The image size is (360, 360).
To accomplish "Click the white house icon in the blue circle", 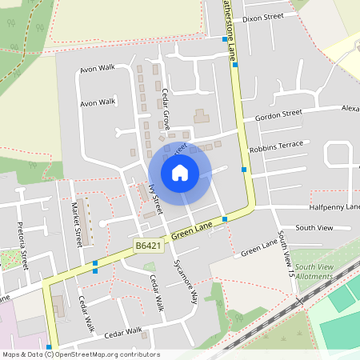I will pos(180,173).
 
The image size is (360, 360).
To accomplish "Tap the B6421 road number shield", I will pos(146,244).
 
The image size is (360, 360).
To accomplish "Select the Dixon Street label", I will pos(263,17).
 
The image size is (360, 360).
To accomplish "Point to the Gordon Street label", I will pos(278,114).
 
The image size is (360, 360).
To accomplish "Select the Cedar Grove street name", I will pos(166,108).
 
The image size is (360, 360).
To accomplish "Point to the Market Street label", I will pos(77,225).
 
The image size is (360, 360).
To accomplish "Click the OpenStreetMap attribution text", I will pos(80,354).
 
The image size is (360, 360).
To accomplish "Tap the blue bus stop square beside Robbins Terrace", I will pos(244,170).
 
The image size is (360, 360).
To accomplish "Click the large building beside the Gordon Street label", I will pos(200,117).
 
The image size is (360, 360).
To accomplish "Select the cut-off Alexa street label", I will pos(350,108).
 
